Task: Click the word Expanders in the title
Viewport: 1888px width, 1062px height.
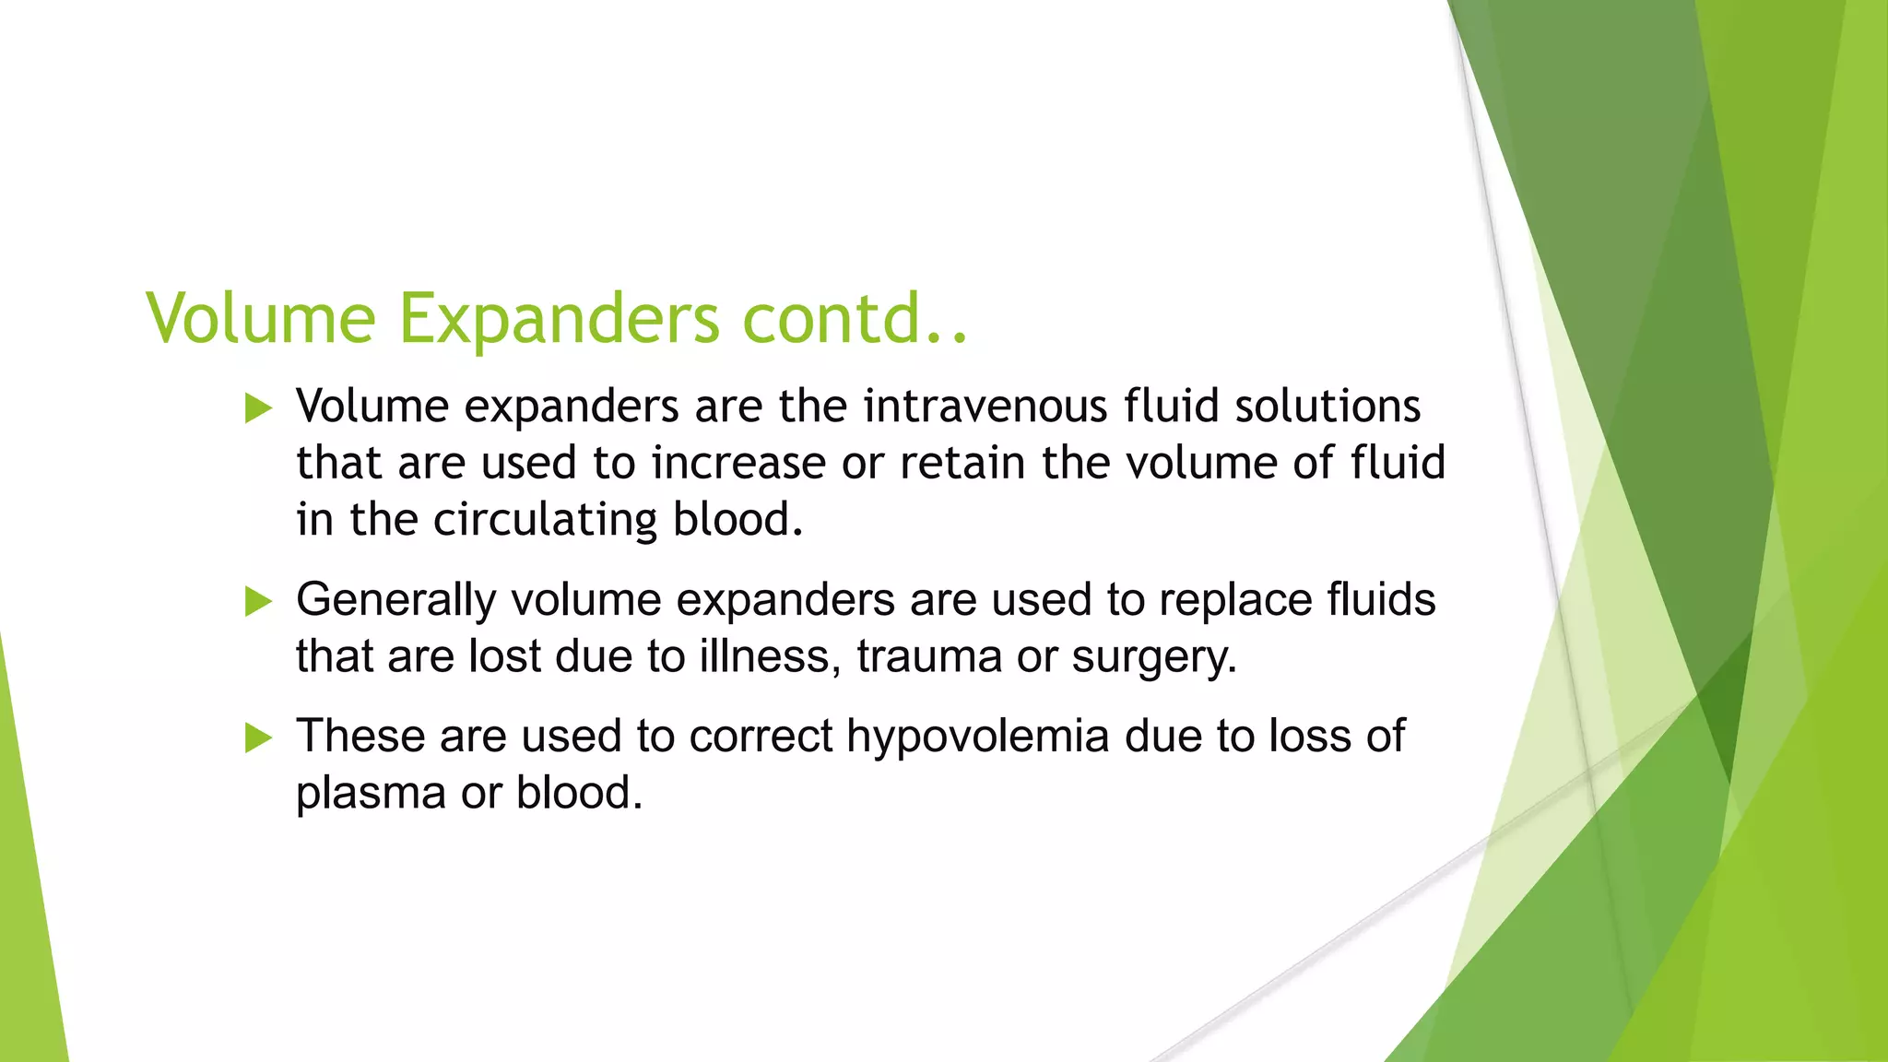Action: [x=559, y=319]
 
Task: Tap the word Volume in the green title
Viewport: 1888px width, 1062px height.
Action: [x=261, y=319]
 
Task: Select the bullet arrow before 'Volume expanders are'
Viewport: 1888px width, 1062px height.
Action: [x=259, y=407]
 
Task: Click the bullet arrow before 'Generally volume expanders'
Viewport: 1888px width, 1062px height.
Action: [x=259, y=602]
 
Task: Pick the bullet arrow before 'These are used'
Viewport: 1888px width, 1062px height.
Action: [x=259, y=737]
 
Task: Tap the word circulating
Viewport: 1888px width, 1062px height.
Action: [x=545, y=521]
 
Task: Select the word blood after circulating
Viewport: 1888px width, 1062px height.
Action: [x=737, y=520]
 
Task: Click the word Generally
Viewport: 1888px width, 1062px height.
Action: [x=396, y=601]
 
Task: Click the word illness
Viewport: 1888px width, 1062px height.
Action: [x=771, y=657]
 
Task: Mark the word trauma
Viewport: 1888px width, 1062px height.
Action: [x=929, y=658]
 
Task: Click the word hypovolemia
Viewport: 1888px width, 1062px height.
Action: [x=978, y=737]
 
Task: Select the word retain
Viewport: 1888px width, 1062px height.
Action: [x=962, y=463]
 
